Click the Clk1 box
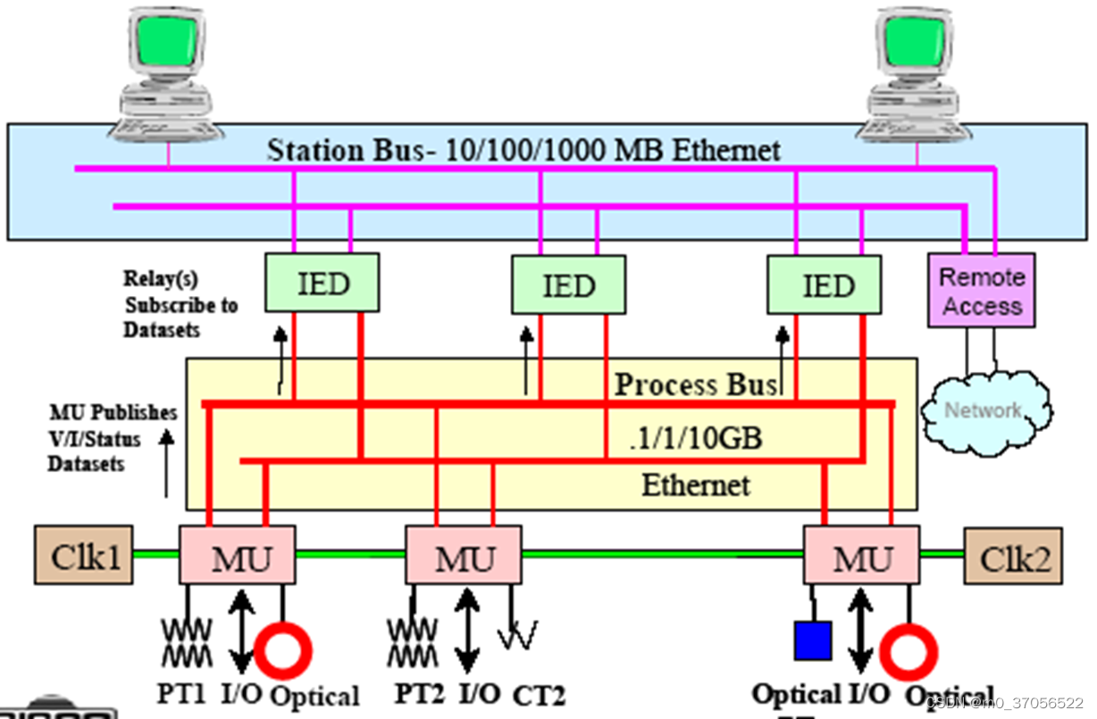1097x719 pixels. [x=84, y=554]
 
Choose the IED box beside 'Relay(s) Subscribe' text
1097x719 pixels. [x=322, y=283]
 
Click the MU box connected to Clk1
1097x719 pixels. [x=238, y=555]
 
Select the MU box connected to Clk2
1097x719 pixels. [x=861, y=555]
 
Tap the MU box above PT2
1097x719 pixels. [x=464, y=555]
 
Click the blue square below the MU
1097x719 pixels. [x=813, y=640]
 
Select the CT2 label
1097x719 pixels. [x=539, y=694]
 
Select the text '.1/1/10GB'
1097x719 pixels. [x=695, y=439]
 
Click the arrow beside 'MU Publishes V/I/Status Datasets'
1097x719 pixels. [x=166, y=461]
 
